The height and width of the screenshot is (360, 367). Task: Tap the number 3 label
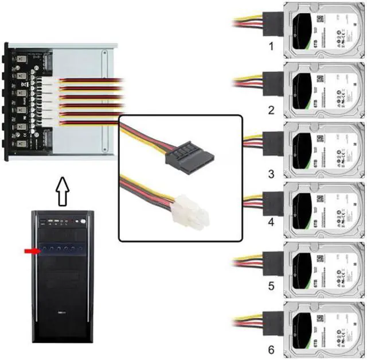[271, 173]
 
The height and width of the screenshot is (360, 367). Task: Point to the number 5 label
[271, 285]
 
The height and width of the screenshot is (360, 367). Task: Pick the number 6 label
[271, 349]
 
